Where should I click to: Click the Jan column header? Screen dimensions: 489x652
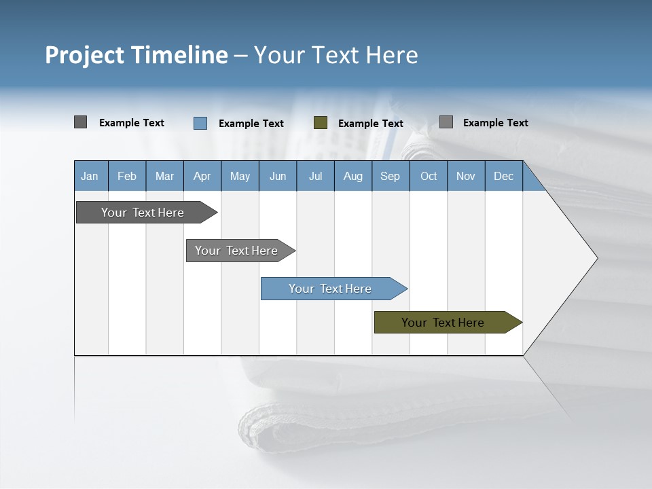tap(90, 176)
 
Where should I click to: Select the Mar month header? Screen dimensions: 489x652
tap(164, 176)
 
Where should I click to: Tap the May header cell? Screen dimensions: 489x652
tap(240, 176)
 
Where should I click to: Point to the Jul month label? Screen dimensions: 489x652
tap(315, 176)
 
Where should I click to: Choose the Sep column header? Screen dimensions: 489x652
tap(390, 176)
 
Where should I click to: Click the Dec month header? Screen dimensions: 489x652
tap(503, 176)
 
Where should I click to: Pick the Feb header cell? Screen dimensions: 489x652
tap(127, 176)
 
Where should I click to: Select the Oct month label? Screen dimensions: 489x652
tap(429, 176)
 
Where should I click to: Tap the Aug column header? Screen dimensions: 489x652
tap(352, 176)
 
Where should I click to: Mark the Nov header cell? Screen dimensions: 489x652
tap(465, 176)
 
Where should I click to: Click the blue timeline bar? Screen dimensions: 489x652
tap(330, 289)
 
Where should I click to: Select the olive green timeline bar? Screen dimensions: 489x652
tap(443, 323)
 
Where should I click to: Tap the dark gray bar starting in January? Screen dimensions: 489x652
tap(143, 213)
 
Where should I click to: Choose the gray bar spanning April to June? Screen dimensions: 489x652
tap(236, 251)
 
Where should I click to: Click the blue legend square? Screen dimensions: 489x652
tap(200, 123)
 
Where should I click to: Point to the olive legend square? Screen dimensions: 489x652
tap(321, 123)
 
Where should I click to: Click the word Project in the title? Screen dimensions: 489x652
tap(84, 55)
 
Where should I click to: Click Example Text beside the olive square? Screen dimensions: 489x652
tap(370, 124)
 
